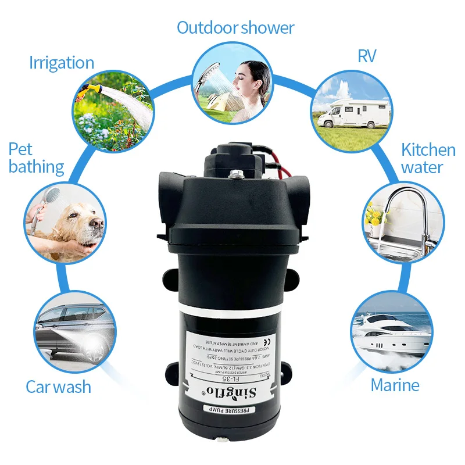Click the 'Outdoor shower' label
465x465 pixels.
(x=235, y=27)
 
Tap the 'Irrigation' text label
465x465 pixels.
(x=62, y=63)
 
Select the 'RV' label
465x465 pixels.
(x=367, y=56)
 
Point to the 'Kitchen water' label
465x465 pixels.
(x=428, y=159)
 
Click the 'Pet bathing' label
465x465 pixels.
(x=35, y=158)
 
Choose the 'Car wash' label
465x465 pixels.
(x=58, y=387)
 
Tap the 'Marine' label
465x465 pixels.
(x=395, y=385)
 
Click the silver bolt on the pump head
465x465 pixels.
(x=236, y=173)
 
